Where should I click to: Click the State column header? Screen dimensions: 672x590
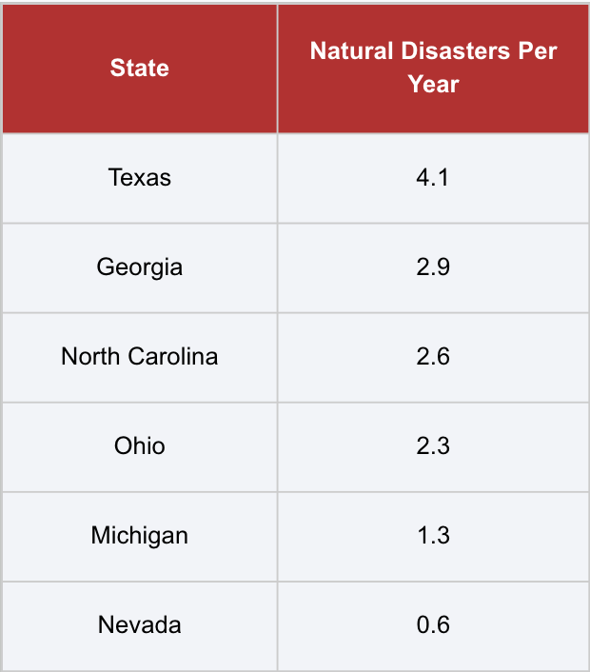pyautogui.click(x=140, y=68)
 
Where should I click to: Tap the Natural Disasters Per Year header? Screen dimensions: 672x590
pyautogui.click(x=433, y=68)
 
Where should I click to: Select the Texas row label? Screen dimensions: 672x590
pyautogui.click(x=140, y=177)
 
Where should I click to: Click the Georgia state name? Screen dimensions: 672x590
pyautogui.click(x=140, y=267)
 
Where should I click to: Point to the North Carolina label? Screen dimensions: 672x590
pyautogui.click(x=140, y=356)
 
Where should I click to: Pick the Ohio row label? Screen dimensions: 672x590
pyautogui.click(x=140, y=445)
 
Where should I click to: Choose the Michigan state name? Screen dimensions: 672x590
pyautogui.click(x=140, y=535)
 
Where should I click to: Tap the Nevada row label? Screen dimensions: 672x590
pyautogui.click(x=140, y=624)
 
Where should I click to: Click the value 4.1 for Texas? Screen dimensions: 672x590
pyautogui.click(x=433, y=177)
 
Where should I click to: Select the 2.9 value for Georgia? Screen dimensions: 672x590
pyautogui.click(x=433, y=267)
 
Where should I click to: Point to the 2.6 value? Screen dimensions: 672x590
pyautogui.click(x=433, y=356)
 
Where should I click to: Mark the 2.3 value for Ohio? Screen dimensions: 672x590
pyautogui.click(x=433, y=445)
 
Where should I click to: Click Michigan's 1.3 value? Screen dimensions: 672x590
pyautogui.click(x=433, y=535)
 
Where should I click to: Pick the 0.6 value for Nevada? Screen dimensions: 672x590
pyautogui.click(x=433, y=624)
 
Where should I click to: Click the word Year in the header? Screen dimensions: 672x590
pyautogui.click(x=434, y=84)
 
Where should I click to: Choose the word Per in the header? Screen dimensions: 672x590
pyautogui.click(x=538, y=51)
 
